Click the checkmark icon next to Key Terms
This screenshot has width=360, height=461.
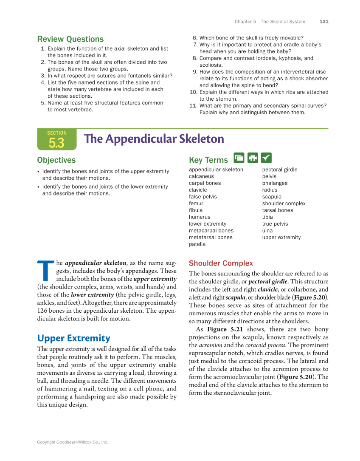click(x=266, y=158)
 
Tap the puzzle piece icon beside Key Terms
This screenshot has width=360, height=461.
click(x=253, y=158)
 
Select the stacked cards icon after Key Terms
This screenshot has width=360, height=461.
click(x=239, y=158)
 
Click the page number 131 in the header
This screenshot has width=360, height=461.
click(x=324, y=22)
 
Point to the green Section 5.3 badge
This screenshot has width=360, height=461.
click(x=56, y=139)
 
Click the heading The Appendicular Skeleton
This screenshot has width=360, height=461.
click(x=154, y=139)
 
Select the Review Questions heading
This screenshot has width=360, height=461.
click(x=70, y=39)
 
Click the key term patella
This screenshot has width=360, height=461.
click(x=197, y=244)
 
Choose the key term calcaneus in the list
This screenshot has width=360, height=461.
click(x=201, y=176)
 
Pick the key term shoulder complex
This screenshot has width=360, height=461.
click(x=284, y=204)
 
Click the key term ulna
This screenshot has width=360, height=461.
click(x=267, y=231)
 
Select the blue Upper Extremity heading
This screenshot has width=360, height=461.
click(x=73, y=338)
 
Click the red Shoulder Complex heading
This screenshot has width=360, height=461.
click(x=221, y=263)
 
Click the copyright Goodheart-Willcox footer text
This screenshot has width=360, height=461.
click(x=73, y=442)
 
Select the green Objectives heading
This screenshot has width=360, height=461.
click(x=56, y=160)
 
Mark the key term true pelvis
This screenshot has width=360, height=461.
click(x=275, y=224)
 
